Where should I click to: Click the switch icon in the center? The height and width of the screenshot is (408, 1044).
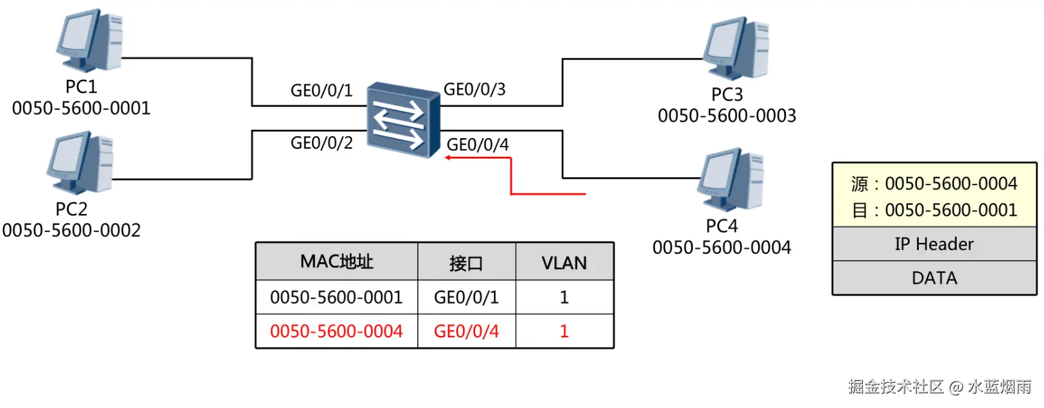coord(403,119)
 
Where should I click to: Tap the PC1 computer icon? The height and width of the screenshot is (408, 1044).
coord(90,40)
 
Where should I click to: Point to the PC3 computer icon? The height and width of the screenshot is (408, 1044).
coord(736,48)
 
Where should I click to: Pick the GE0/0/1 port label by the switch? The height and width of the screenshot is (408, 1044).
coord(322,91)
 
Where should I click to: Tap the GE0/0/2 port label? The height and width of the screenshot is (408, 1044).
coord(322,143)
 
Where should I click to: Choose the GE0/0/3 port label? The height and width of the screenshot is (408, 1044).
coord(474,89)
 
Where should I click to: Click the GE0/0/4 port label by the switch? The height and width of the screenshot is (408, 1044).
coord(478,145)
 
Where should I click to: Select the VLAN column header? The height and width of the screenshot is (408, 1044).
coord(564,263)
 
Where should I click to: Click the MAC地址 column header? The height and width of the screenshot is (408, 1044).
coord(336,262)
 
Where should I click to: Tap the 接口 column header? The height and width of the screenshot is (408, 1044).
coord(466,263)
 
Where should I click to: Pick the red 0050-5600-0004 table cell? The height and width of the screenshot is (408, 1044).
coord(336,332)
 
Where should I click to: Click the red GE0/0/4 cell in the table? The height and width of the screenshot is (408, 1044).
coord(466,332)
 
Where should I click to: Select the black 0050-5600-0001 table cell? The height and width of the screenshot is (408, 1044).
coord(336,297)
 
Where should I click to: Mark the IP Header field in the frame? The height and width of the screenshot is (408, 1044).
coord(934,244)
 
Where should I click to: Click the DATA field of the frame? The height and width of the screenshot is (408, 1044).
coord(934,278)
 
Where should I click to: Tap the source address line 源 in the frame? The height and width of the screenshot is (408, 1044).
coord(934,184)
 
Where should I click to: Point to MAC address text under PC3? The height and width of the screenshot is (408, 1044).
coord(727,116)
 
